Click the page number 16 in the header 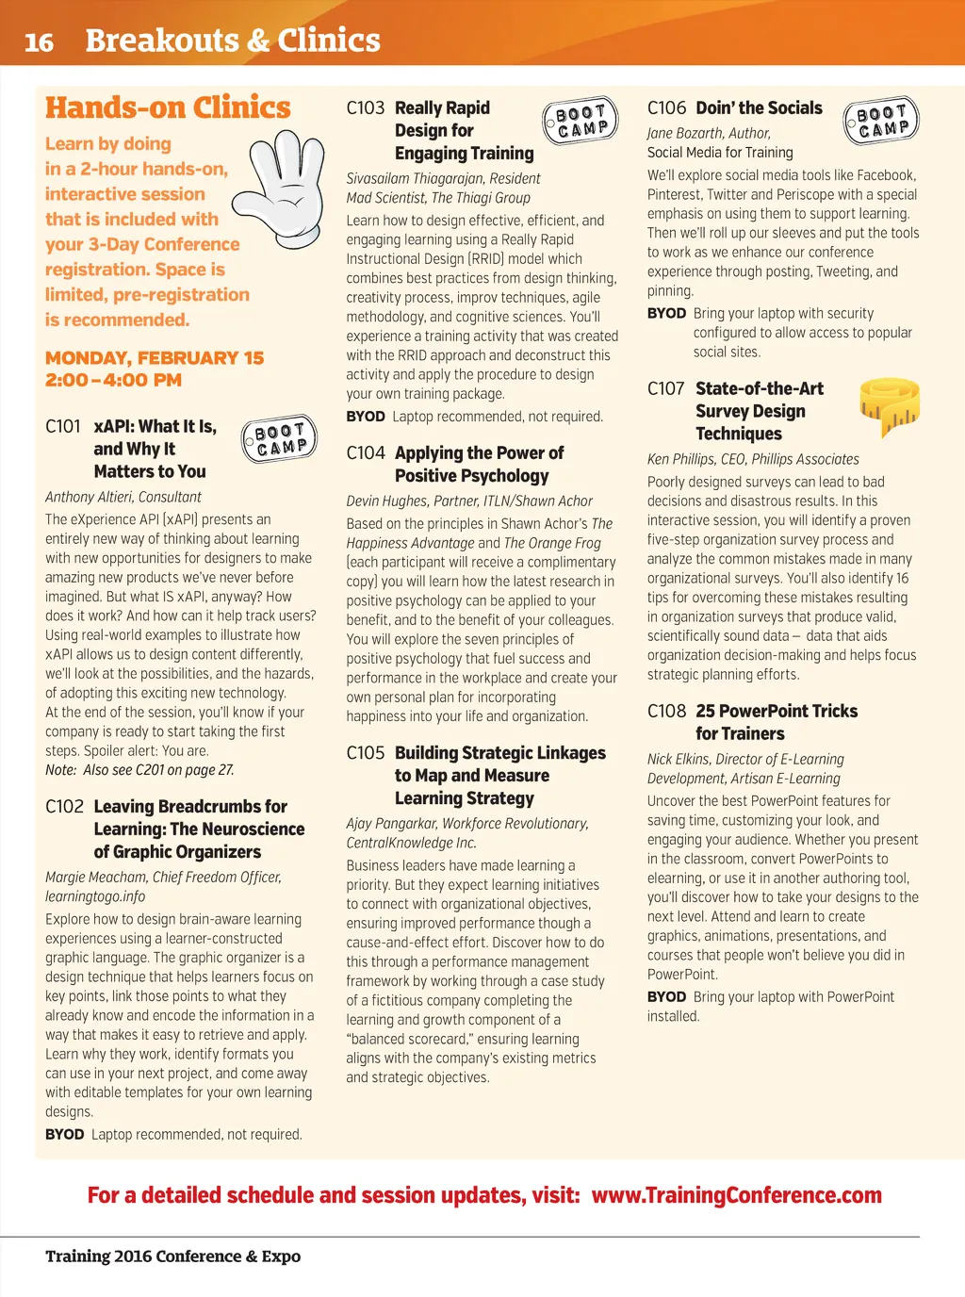coord(39,42)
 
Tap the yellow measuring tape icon coord(889,406)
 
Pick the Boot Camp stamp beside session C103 coord(581,121)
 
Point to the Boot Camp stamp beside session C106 coord(881,120)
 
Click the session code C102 coord(64,807)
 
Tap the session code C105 coord(365,753)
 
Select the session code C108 coord(666,712)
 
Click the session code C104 coord(365,453)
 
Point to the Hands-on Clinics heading coord(168,108)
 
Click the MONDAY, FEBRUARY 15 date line coord(155,358)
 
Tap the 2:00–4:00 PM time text coord(113,381)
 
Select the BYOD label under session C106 coord(666,314)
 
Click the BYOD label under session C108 coord(666,997)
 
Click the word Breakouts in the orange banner coord(162,41)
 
